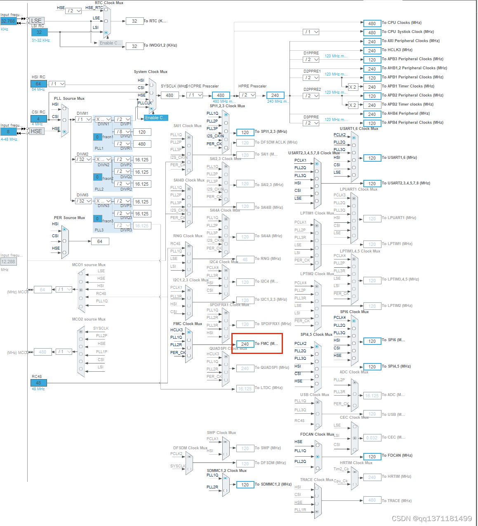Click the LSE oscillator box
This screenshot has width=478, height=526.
36,21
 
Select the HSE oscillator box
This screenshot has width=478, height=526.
36,131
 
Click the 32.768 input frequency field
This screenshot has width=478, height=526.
8,21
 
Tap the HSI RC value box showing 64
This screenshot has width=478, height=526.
38,84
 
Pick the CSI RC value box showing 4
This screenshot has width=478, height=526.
38,119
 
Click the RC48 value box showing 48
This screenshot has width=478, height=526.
38,383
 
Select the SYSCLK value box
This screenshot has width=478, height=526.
170,95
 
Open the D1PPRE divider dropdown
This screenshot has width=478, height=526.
311,59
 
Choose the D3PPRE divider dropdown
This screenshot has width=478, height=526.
311,123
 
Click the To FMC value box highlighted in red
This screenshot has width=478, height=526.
245,344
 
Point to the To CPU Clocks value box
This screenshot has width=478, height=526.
372,24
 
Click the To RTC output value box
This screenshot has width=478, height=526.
134,21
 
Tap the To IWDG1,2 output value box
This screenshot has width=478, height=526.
134,46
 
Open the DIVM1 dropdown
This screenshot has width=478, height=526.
83,119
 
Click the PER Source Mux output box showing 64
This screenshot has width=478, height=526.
100,241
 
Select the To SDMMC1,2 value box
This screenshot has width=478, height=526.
245,485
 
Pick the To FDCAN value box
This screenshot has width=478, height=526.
372,457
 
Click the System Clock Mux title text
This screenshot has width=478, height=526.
151,72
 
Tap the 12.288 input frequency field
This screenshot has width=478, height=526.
8,262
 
